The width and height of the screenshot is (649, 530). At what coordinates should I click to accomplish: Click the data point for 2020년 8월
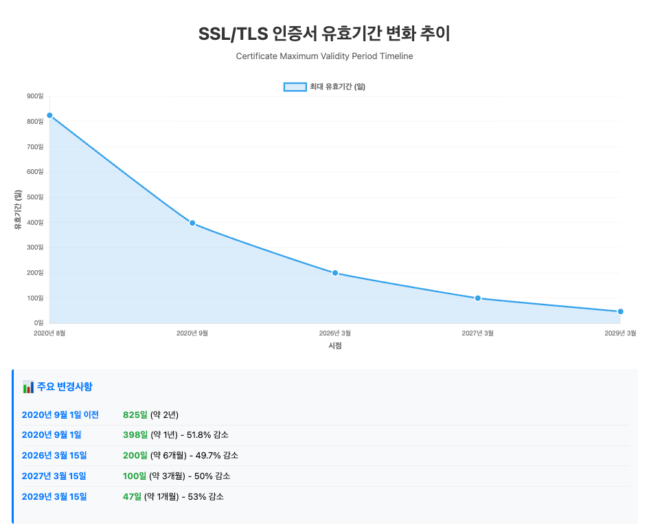(49, 115)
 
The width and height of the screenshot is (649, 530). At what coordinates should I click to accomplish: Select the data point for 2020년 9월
(192, 223)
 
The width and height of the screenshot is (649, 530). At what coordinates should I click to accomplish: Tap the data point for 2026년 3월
(335, 273)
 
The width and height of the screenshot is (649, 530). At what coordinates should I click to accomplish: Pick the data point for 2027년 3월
(478, 298)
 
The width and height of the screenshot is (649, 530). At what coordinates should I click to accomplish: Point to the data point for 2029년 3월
(620, 311)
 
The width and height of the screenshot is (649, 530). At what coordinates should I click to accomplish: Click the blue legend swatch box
(295, 87)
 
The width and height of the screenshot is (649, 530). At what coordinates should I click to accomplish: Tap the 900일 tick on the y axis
(36, 96)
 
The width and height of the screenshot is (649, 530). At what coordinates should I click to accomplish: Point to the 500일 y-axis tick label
(36, 197)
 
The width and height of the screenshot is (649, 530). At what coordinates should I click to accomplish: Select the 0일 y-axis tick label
(38, 322)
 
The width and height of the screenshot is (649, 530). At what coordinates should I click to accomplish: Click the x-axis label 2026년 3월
(335, 333)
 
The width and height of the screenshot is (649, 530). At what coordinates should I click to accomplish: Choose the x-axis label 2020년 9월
(192, 333)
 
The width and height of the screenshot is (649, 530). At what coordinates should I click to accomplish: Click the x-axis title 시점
(335, 346)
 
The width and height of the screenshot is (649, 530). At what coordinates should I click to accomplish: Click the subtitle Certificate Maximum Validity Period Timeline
(324, 56)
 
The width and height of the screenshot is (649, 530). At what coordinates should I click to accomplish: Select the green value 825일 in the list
(135, 415)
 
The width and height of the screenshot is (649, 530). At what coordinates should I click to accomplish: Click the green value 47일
(132, 496)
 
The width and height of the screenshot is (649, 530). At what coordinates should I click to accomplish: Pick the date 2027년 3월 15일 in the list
(54, 476)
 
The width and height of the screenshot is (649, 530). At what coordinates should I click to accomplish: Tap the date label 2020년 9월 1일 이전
(60, 415)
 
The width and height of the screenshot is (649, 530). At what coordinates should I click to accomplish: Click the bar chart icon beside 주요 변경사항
(28, 387)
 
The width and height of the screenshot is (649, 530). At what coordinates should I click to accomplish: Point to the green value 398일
(135, 435)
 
